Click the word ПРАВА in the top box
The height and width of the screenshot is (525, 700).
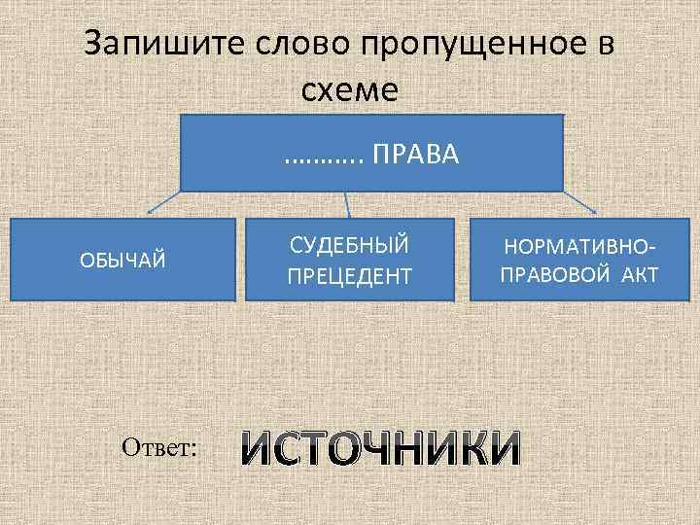(x=417, y=154)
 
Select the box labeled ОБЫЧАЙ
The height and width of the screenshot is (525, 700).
(x=122, y=259)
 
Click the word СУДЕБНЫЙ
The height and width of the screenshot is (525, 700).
(x=349, y=244)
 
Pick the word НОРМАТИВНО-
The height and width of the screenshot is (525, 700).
(x=578, y=247)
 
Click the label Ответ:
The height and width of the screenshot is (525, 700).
(x=160, y=446)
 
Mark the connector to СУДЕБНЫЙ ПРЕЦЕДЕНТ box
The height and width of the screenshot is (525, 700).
(x=349, y=203)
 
